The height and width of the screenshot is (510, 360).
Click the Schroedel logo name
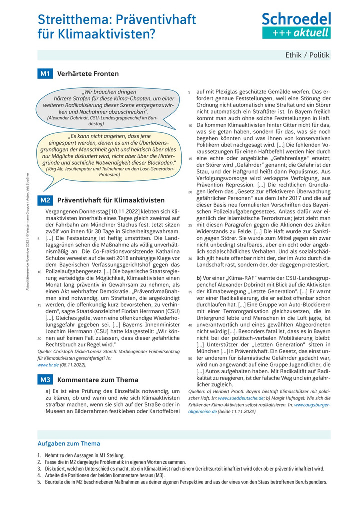296,20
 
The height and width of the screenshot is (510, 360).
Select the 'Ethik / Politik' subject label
307,55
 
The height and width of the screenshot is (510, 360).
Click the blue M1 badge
45,74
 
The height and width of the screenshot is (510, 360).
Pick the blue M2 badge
45,200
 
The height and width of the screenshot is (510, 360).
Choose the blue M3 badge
45,380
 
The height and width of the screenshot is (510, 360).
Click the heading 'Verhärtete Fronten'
88,74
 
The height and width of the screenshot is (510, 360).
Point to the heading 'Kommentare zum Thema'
97,380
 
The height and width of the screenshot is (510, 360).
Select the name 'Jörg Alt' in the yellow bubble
58,169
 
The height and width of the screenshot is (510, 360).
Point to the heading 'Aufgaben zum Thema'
69,443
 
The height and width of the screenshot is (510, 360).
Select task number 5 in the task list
39,482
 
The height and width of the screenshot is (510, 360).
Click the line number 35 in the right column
190,291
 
